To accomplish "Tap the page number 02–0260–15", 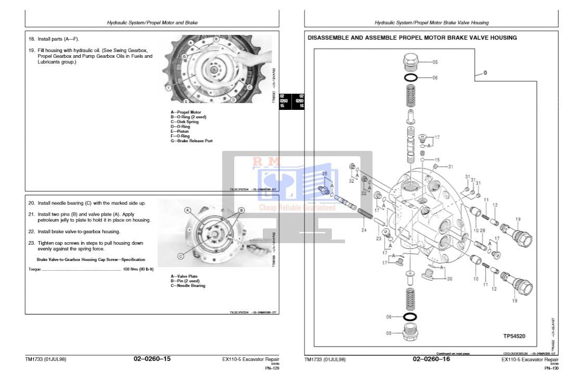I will (152, 359).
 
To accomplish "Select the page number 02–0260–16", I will (431, 359).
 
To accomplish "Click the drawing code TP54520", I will (514, 336).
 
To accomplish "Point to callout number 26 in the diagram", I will (324, 173).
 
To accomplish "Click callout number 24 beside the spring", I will (364, 230).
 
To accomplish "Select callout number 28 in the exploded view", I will (483, 230).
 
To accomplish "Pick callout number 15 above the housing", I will (437, 160).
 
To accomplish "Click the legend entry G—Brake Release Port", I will (192, 141).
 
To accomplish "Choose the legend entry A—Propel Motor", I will (186, 112).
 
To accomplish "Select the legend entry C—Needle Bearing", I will (188, 285).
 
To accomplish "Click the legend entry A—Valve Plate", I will (184, 276).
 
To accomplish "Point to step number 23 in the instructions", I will (31, 243).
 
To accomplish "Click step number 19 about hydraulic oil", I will (31, 51).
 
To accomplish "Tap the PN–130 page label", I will (551, 368).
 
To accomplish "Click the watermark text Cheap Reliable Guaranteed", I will (297, 208).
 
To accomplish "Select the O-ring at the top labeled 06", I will (411, 78).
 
